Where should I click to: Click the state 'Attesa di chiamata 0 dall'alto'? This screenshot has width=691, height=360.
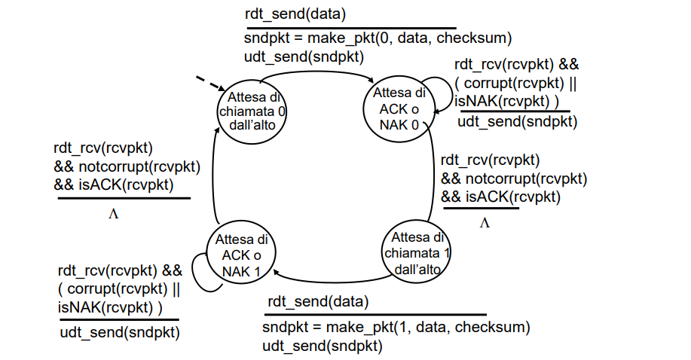[x=252, y=112]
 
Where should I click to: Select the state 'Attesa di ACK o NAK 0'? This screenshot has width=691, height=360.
[x=399, y=109]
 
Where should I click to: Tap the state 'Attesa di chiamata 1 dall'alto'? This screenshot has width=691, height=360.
[x=415, y=253]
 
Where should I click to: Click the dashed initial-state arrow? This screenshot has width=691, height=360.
[x=211, y=84]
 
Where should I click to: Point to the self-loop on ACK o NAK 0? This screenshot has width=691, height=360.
[x=451, y=93]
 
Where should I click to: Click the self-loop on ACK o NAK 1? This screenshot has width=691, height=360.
[x=193, y=273]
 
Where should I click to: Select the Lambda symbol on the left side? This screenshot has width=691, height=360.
[x=113, y=214]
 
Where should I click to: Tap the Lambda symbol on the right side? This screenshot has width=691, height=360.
[x=485, y=223]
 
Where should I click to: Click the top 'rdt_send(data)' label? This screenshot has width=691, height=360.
[x=295, y=14]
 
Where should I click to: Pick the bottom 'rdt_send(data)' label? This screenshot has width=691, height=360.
[x=318, y=302]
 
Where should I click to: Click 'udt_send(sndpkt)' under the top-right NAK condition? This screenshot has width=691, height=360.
[x=518, y=121]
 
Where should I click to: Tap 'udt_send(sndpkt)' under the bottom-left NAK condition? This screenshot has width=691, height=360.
[x=120, y=332]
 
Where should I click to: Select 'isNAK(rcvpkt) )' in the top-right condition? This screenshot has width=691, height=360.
[x=507, y=102]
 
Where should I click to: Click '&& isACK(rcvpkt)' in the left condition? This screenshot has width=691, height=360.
[x=114, y=185]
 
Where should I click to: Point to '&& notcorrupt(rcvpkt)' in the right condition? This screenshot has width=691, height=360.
[x=514, y=179]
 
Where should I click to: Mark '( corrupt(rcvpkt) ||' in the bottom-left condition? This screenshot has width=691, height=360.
[x=119, y=289]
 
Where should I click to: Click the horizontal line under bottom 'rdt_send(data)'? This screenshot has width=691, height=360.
[x=375, y=315]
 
